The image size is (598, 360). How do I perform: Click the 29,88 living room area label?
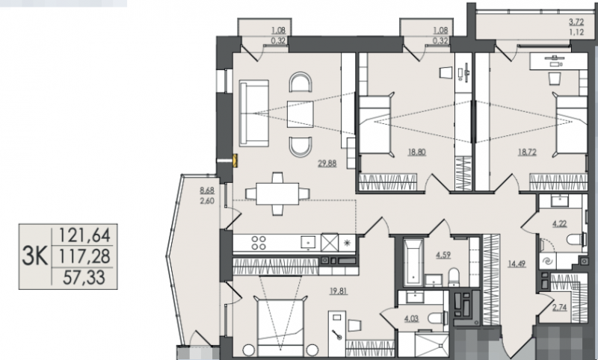tap(327, 164)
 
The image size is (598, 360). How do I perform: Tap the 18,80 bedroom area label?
tap(417, 152)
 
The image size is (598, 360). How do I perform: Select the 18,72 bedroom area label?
tap(527, 152)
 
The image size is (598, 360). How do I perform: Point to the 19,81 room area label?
tap(339, 291)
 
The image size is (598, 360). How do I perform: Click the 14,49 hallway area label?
tap(517, 264)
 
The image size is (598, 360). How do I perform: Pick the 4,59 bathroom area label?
tap(443, 255)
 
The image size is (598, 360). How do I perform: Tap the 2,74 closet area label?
tap(559, 308)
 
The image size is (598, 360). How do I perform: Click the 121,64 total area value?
tap(84, 235)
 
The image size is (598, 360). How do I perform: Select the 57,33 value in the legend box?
tap(84, 277)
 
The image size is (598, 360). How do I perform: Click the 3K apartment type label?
tap(34, 255)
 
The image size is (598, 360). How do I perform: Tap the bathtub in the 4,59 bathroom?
tap(413, 262)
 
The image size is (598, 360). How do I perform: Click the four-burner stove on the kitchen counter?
tap(259, 243)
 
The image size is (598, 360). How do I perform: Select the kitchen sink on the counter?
tap(308, 242)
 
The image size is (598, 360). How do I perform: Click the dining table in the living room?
tap(277, 194)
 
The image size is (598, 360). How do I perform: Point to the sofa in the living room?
tap(254, 113)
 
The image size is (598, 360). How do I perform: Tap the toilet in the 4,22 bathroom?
tap(576, 239)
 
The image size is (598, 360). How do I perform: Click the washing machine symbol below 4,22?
tap(548, 261)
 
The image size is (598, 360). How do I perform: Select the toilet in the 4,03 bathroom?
tap(437, 318)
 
